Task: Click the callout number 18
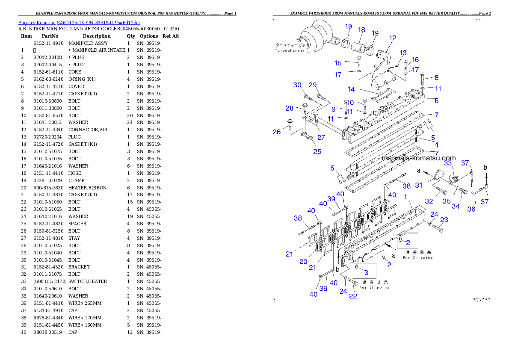[x=361, y=30]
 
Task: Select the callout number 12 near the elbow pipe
[x=392, y=38]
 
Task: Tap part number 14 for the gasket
[x=351, y=89]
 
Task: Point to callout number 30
[x=297, y=85]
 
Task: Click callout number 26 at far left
[x=277, y=132]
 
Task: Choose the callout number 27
[x=321, y=137]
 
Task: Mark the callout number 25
[x=317, y=151]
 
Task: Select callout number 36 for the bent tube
[x=471, y=209]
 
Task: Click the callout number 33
[x=447, y=163]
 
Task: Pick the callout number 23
[x=444, y=220]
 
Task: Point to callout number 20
[x=303, y=262]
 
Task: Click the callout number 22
[x=352, y=296]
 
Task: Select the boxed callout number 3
[x=366, y=272]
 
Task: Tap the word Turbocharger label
[x=290, y=51]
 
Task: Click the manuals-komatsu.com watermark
[x=419, y=158]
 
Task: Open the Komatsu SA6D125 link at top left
[x=79, y=23]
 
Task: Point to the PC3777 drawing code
[x=481, y=300]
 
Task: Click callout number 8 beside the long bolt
[x=436, y=78]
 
